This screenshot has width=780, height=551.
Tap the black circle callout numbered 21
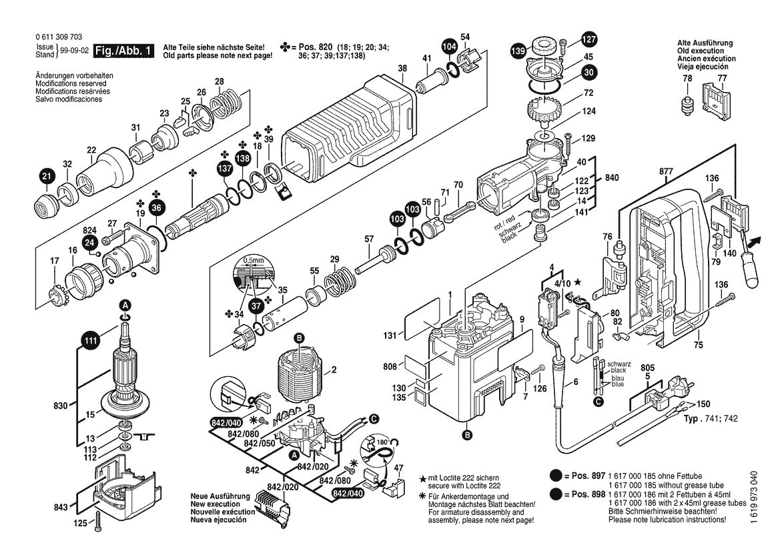(x=46, y=177)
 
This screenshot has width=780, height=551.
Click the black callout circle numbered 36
(x=157, y=208)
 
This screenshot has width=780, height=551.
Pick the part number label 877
(x=666, y=171)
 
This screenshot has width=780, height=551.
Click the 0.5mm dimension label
(x=254, y=259)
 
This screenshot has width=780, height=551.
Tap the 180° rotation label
(x=382, y=441)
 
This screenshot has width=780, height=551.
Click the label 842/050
(x=260, y=443)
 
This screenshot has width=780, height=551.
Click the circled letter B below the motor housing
(x=466, y=435)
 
